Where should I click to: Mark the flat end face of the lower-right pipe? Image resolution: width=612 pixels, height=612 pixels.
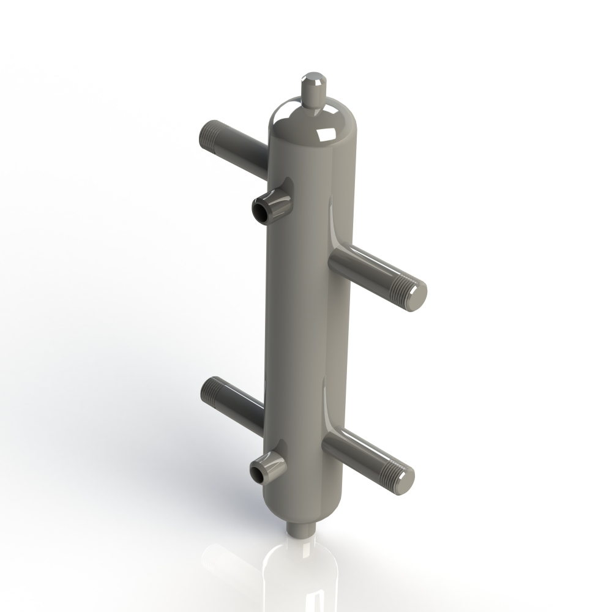[406, 476]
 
